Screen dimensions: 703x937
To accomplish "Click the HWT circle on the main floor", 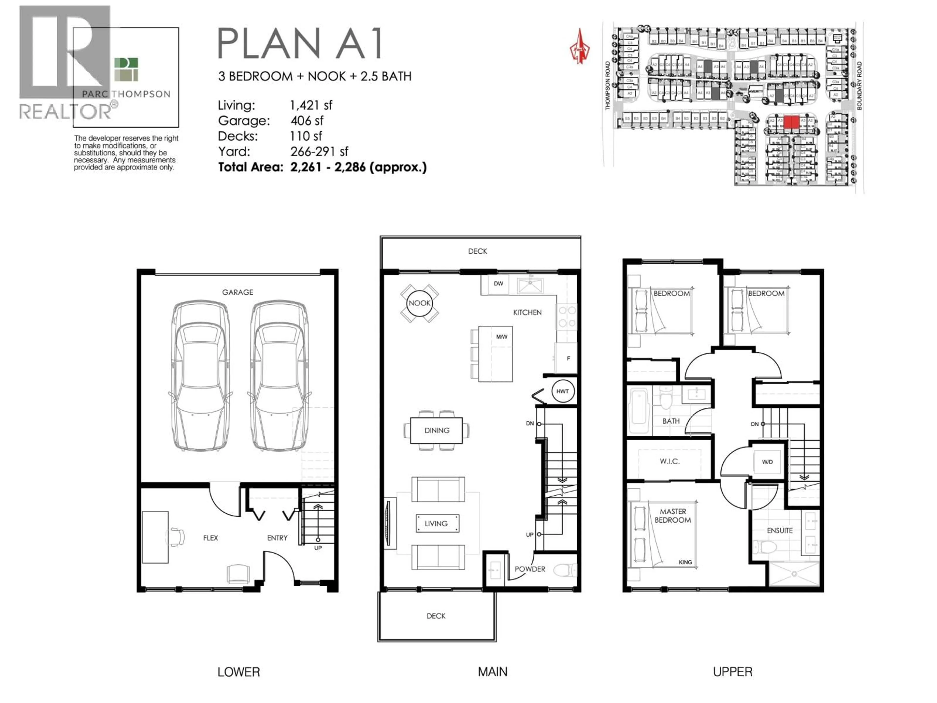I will click(x=562, y=391).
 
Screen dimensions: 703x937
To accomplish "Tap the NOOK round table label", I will click(x=419, y=303).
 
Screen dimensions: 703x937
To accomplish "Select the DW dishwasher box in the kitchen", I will click(x=499, y=283).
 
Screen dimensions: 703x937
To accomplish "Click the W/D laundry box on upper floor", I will click(x=767, y=462).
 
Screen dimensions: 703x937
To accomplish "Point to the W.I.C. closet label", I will click(x=670, y=461).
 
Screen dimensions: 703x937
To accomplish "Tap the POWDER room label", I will click(x=530, y=569).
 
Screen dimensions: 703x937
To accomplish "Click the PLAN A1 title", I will click(x=300, y=43).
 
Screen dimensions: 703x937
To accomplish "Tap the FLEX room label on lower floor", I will click(x=211, y=538).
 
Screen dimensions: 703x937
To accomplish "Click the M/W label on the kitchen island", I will click(x=501, y=337).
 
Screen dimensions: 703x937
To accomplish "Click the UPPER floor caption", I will click(x=733, y=672).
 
